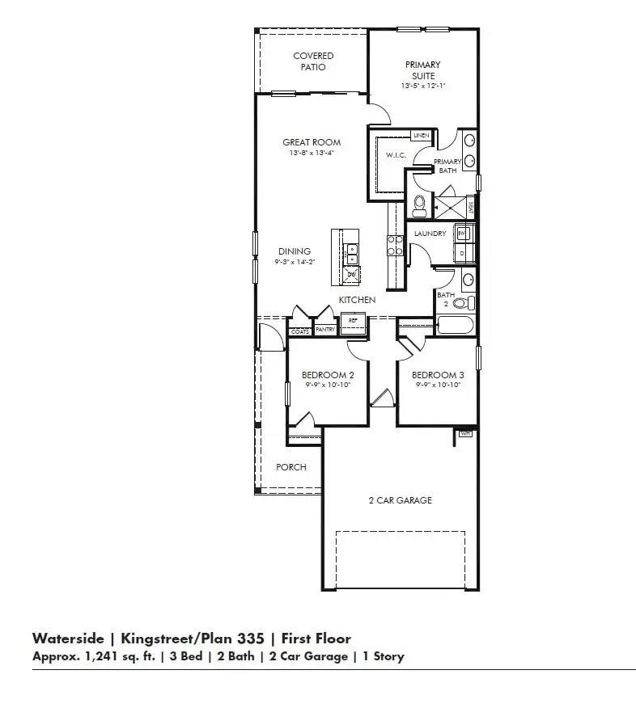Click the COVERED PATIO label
tap(313, 61)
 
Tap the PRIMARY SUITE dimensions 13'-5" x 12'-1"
tap(423, 86)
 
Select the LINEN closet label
tap(421, 136)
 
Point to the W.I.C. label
tap(395, 154)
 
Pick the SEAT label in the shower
tap(470, 207)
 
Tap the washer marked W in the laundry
tap(462, 233)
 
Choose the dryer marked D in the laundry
tap(462, 252)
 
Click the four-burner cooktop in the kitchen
tap(396, 245)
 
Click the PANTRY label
tap(325, 330)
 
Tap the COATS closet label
tap(299, 331)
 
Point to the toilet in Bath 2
tap(461, 304)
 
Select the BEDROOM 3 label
tap(438, 375)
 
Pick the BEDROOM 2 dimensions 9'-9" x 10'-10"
tap(328, 386)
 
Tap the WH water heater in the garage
tap(464, 434)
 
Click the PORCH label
tap(291, 467)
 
